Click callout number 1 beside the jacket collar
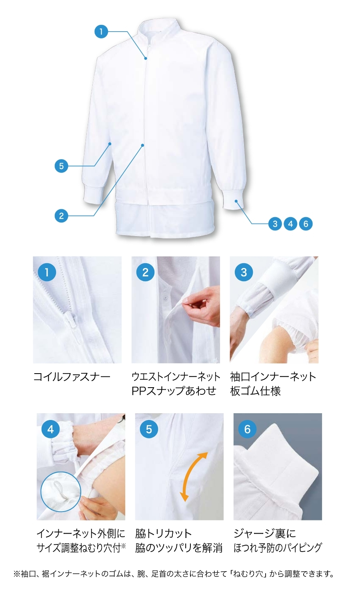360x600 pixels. pos(101,32)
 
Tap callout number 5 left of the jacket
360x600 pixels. pos(61,166)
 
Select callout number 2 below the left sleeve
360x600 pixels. pos(61,216)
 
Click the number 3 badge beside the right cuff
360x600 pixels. pos(275,224)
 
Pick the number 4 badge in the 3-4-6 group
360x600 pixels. pos(290,224)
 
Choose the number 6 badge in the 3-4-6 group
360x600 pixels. pos(306,224)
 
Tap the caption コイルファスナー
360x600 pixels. pos(72,377)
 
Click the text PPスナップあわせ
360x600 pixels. pos(174,391)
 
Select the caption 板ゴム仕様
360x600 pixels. pos(255,391)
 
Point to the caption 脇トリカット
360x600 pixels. pos(163,534)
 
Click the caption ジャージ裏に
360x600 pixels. pos(265,534)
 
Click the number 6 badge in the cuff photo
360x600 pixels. pos(247,429)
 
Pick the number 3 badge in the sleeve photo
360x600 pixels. pos(244,272)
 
